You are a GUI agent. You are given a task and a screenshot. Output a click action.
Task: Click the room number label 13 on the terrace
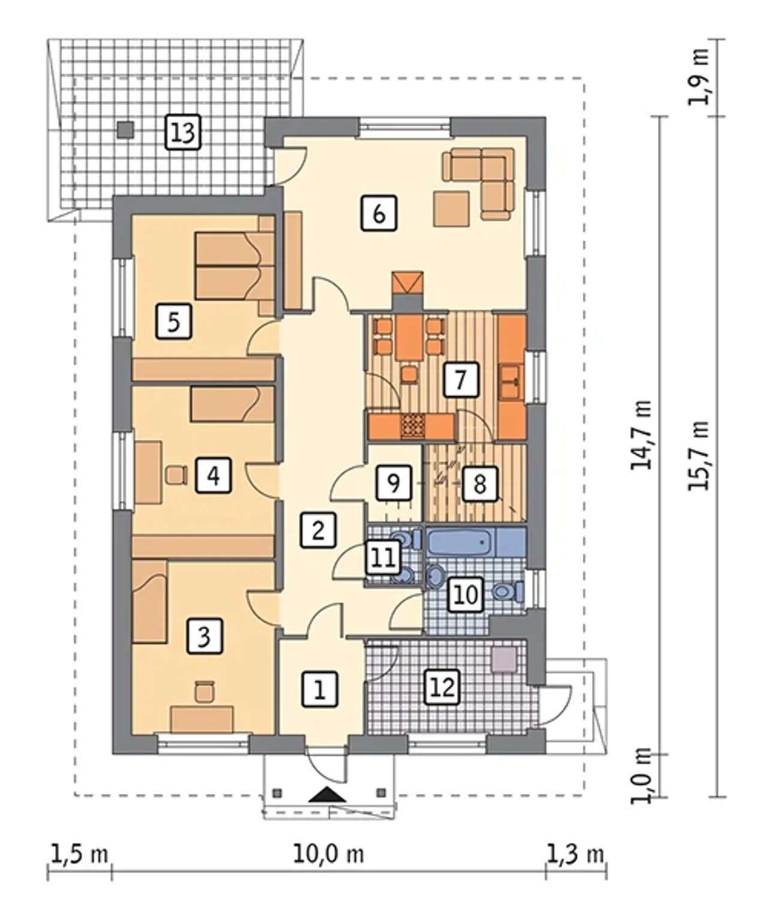(x=183, y=132)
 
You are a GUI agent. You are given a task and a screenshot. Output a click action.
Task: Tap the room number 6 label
(x=379, y=213)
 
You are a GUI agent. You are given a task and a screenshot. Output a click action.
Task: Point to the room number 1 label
(x=319, y=689)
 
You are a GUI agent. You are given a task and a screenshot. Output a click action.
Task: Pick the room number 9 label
(x=393, y=483)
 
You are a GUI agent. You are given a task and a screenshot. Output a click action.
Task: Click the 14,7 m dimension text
(x=641, y=435)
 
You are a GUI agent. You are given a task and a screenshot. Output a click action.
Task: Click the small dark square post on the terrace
(x=125, y=129)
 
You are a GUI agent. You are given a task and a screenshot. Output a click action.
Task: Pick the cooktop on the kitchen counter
(x=413, y=426)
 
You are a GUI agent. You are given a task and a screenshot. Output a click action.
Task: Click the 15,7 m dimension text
(x=699, y=456)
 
